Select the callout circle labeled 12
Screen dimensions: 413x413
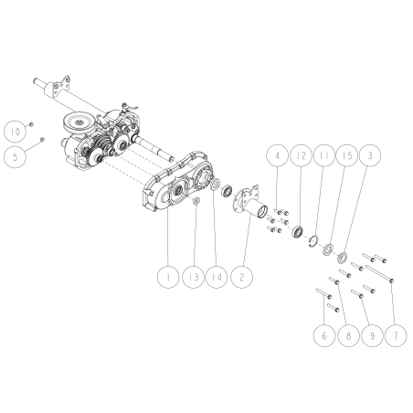click(301, 156)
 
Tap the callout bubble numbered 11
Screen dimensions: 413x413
click(323, 156)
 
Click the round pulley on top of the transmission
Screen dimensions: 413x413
click(81, 120)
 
